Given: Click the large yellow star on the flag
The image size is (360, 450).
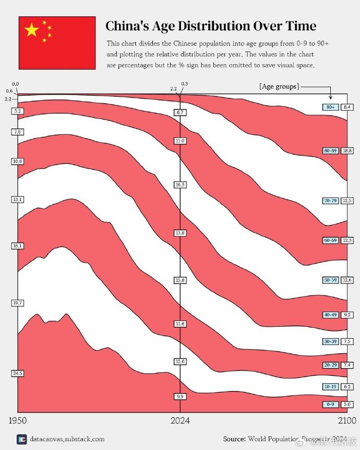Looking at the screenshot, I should pos(32,30).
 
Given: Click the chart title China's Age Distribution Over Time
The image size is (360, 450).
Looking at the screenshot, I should pos(211,26).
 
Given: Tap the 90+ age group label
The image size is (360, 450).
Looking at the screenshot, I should pos(330,107).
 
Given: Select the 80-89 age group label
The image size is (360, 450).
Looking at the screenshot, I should pos(330,150).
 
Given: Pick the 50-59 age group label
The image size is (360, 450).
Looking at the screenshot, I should pos(330,280).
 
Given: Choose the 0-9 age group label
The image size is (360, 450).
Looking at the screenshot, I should pos(330,404).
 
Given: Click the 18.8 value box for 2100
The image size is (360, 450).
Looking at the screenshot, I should pos(347,150).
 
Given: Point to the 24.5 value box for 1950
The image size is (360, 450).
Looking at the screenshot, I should pos(18,373).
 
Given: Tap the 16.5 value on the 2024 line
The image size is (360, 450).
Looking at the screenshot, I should pos(180,185).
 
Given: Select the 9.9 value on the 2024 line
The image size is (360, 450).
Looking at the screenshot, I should pos(180,396).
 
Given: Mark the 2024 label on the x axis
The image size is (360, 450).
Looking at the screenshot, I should pos(180,420).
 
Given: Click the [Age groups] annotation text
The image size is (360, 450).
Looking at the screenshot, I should pos(279,86).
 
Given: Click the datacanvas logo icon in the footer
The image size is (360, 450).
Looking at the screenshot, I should pos(21,440).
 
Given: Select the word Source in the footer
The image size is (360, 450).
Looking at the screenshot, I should pos(234,439).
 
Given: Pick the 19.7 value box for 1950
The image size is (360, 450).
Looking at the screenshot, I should pos(18,303).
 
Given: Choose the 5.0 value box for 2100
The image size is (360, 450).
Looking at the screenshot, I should pos(347,404).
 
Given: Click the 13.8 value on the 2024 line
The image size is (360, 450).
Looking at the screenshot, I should pos(180,233).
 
